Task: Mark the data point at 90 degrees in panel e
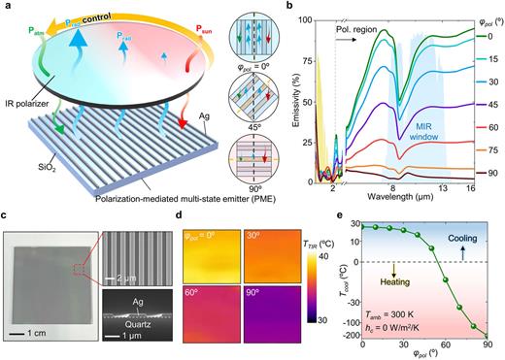[x=488, y=335]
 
